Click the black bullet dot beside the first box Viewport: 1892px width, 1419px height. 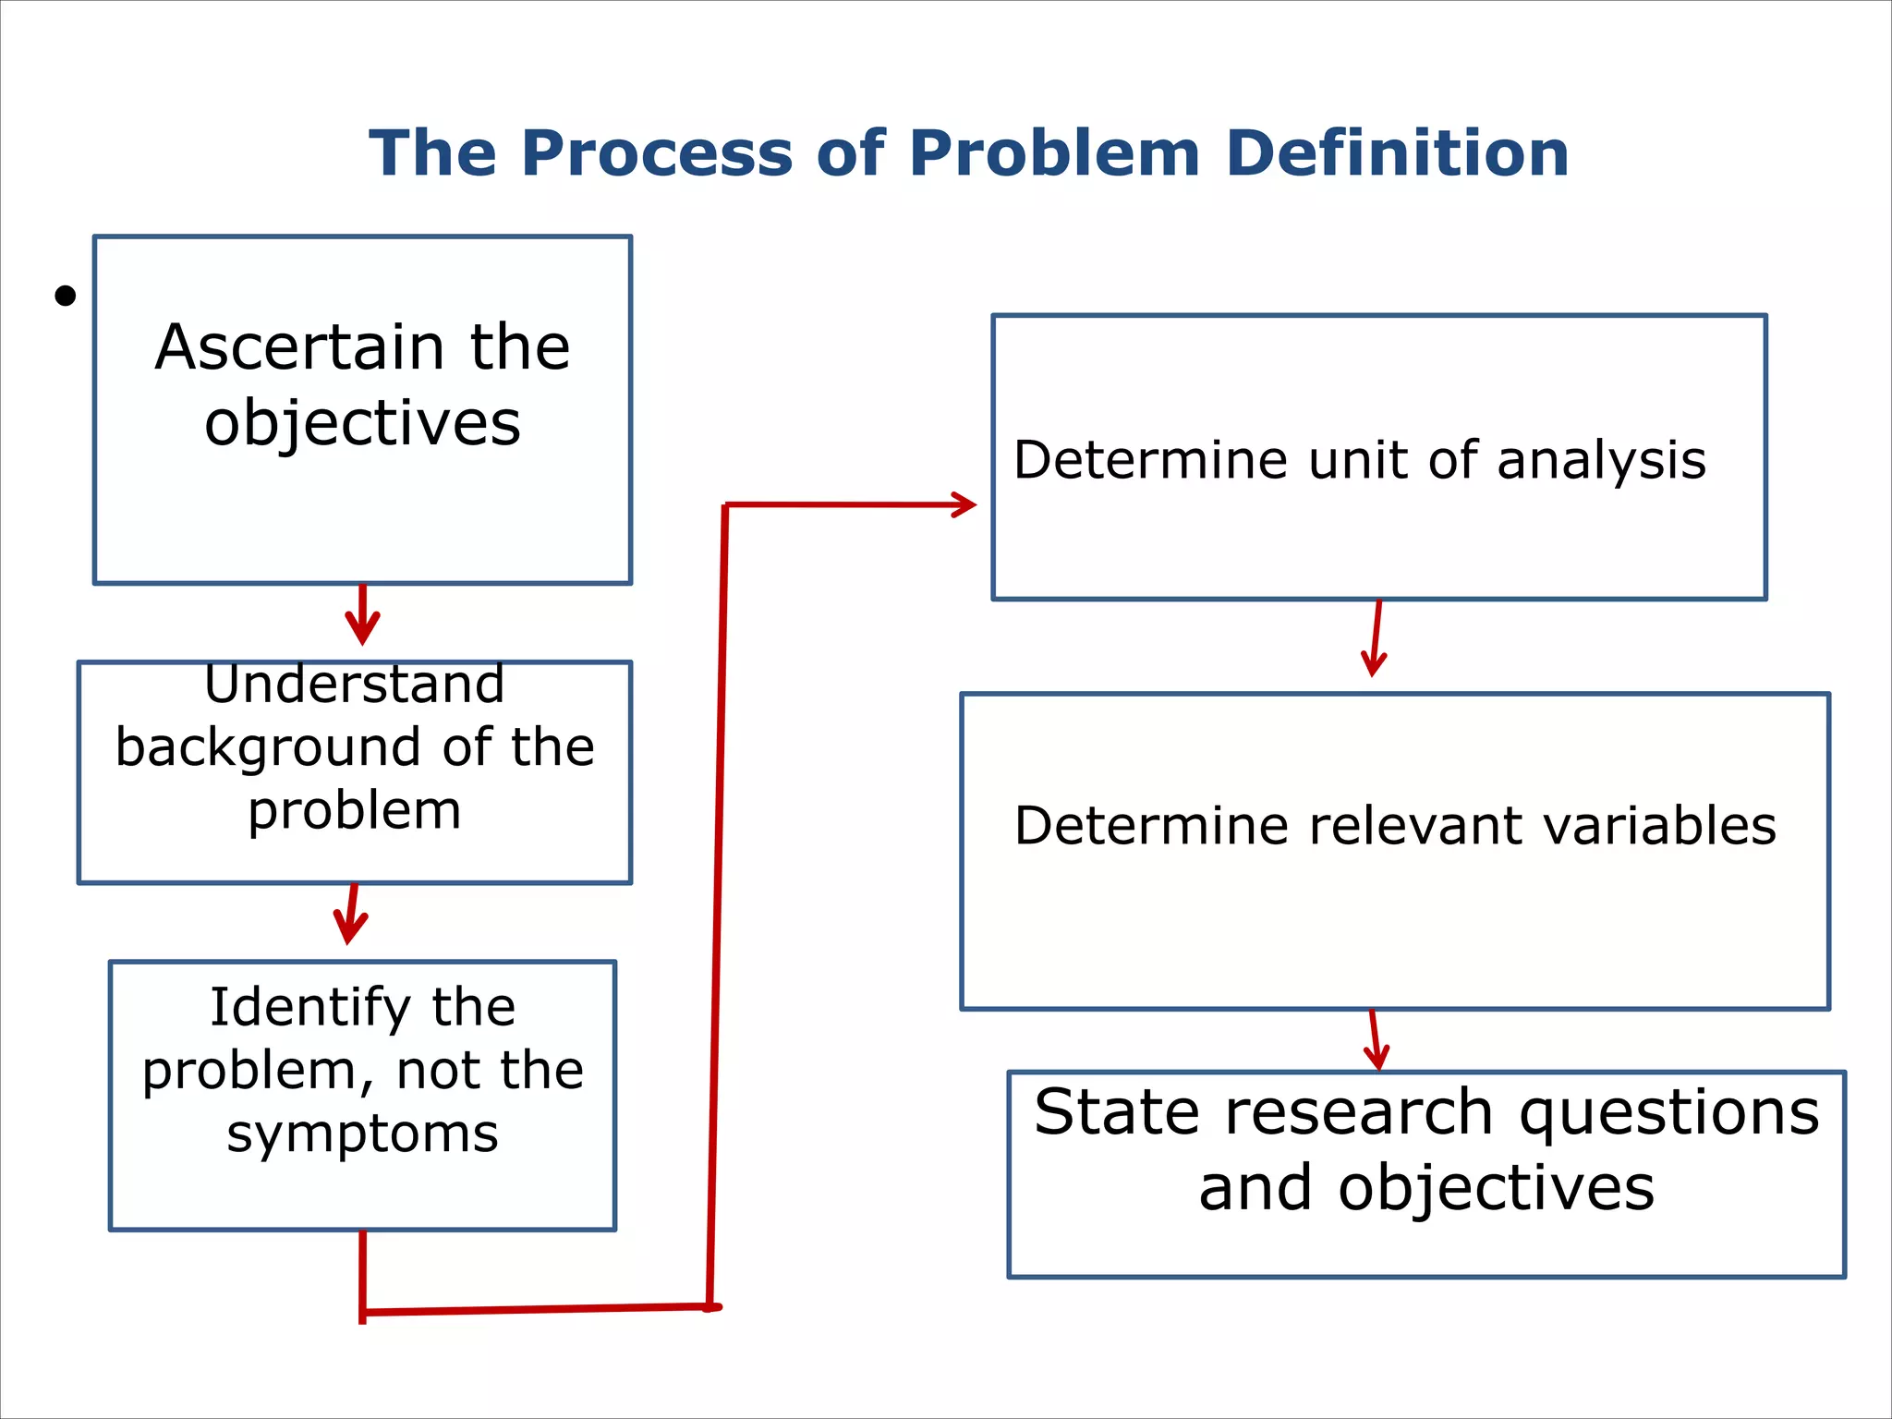click(65, 296)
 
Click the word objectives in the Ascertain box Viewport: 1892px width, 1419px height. click(362, 423)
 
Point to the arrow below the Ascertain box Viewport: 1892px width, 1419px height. click(362, 617)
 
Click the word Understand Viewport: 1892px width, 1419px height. click(354, 684)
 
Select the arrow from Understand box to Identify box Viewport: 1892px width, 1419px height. click(350, 915)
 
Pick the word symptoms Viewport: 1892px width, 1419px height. click(362, 1134)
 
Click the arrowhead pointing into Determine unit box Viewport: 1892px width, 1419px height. click(963, 504)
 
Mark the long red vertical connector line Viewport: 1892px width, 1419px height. click(718, 905)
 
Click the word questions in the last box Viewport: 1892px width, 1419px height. click(1668, 1111)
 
